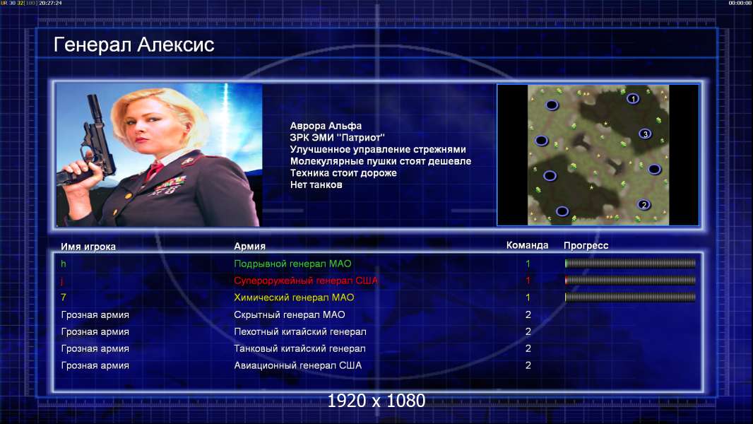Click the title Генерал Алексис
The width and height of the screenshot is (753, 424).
coord(134,45)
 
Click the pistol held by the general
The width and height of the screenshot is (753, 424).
coord(91,144)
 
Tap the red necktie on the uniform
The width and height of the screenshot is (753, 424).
coord(154,170)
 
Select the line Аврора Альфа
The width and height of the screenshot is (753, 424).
coord(326,126)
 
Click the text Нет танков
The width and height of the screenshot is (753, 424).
coord(316,185)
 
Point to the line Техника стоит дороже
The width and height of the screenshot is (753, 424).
coord(343,173)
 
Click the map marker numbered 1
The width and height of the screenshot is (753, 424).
coord(633,99)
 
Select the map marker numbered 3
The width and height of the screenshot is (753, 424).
coord(645,134)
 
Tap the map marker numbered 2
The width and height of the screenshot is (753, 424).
coord(644,204)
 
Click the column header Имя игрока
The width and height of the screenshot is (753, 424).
coord(88,247)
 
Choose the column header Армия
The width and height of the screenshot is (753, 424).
coord(250,247)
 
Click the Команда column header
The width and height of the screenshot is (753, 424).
coord(527,245)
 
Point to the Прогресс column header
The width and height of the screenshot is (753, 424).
coord(586,245)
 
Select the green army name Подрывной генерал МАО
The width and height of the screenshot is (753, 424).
coord(292,264)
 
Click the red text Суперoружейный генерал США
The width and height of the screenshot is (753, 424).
coord(306,281)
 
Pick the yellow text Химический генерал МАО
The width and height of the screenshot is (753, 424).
coord(294,298)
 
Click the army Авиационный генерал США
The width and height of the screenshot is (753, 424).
coord(298,365)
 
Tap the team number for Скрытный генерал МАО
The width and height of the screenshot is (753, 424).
coord(528,315)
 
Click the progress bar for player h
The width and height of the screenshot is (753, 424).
coord(630,263)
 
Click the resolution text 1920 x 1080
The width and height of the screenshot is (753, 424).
coord(376,401)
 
